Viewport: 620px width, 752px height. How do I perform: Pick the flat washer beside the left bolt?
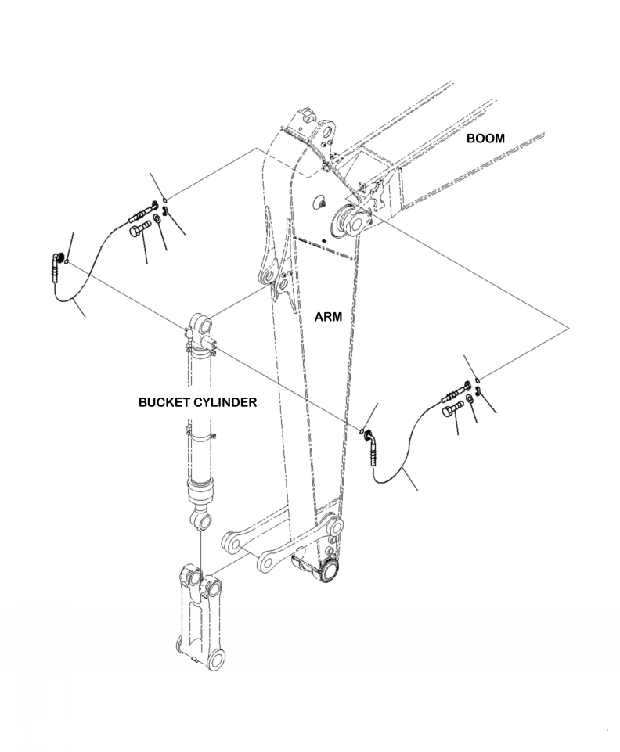pyautogui.click(x=157, y=218)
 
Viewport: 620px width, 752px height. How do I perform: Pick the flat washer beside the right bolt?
pyautogui.click(x=468, y=400)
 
